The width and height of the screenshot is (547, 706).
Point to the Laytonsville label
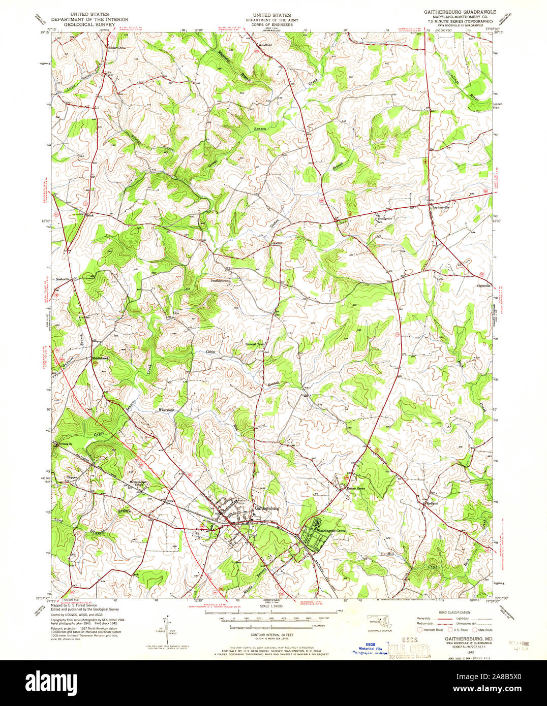[441, 208]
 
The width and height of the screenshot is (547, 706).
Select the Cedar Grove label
[116, 48]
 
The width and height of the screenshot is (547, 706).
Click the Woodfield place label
[265, 45]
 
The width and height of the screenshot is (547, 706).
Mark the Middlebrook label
[100, 358]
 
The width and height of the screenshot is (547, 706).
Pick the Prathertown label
[222, 280]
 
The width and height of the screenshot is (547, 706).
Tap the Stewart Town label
[255, 344]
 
